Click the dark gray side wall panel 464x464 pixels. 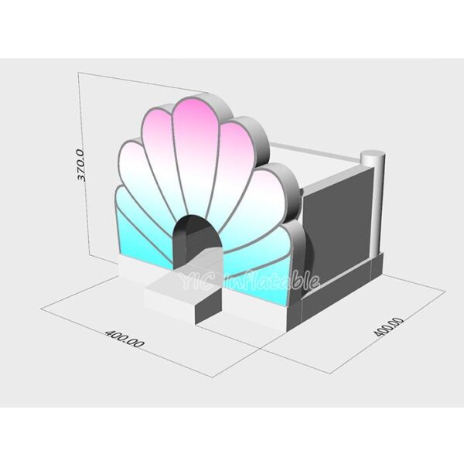tap(340, 228)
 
